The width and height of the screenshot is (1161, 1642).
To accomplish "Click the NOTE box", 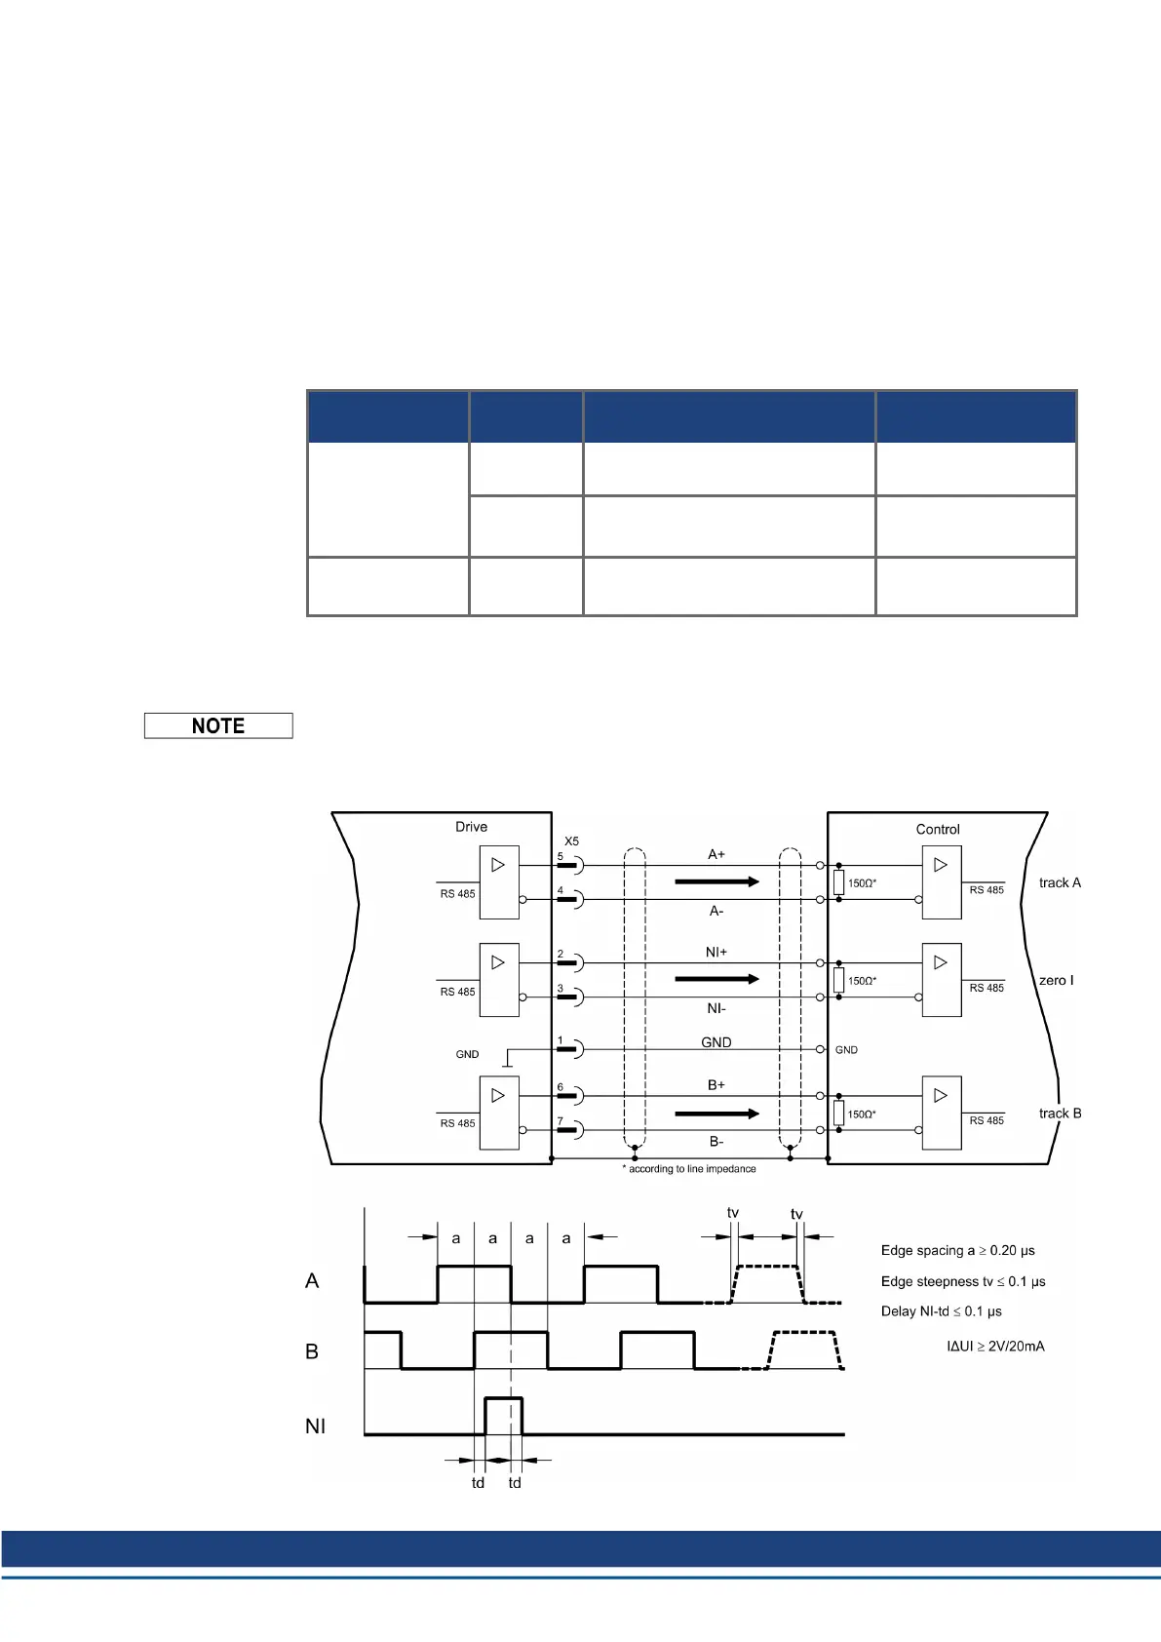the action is [x=218, y=725].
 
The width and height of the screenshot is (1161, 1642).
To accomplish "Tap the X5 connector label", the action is [x=571, y=841].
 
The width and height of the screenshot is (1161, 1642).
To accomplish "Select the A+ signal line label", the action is [x=716, y=854].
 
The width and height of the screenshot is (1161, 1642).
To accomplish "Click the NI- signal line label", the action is [x=716, y=1008].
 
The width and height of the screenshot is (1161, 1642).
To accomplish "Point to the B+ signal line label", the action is [x=716, y=1084].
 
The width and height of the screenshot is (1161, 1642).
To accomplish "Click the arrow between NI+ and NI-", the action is [x=716, y=979].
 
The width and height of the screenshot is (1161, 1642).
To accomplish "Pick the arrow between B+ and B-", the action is [x=716, y=1114].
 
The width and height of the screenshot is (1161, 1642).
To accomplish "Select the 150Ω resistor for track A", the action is [x=838, y=882].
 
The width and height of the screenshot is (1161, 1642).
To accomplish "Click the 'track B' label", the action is [x=1060, y=1114].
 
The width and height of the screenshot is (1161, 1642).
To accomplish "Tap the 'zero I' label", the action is [x=1056, y=980].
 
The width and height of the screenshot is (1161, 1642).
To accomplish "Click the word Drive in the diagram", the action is [x=471, y=827].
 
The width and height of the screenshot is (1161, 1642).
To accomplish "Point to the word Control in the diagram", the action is [x=938, y=829].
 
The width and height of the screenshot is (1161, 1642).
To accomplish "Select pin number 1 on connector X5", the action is [x=561, y=1040].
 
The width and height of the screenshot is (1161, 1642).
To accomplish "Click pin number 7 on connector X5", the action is [x=561, y=1121].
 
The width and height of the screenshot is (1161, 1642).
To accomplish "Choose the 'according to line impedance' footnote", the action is [x=691, y=1168].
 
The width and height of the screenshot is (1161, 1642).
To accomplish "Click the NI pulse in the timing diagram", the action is [x=504, y=1415].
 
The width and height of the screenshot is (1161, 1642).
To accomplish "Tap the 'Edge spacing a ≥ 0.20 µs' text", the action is [x=957, y=1250].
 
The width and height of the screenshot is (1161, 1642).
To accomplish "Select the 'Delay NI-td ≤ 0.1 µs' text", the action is [x=941, y=1310].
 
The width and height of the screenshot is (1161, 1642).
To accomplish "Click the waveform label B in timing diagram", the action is [x=312, y=1351].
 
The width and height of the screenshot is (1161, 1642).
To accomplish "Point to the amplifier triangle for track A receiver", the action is [x=940, y=865].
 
